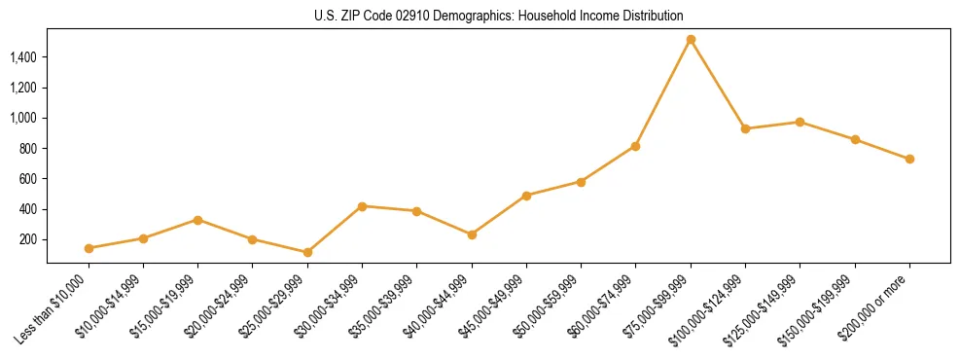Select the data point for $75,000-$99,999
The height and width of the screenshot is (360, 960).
[x=691, y=40]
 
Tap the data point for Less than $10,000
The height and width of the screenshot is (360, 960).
[x=89, y=248]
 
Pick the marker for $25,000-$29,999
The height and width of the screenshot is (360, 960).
[x=307, y=252]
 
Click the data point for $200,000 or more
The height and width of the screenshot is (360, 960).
[x=909, y=159]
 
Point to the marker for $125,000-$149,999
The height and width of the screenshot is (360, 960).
[x=800, y=122]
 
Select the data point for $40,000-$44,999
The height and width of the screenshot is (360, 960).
[x=472, y=234]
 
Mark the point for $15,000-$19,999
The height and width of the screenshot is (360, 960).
[x=197, y=220]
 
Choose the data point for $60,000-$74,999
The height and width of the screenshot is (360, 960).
[x=635, y=146]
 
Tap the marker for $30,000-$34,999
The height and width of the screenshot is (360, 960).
[x=362, y=206]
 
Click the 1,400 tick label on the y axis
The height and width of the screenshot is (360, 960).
[x=23, y=57]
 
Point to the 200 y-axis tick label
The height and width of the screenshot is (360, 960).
[x=28, y=239]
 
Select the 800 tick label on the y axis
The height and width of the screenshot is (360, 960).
[x=28, y=149]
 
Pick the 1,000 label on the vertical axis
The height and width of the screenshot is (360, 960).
[x=23, y=118]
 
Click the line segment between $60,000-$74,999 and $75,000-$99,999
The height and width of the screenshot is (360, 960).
[x=663, y=92]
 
